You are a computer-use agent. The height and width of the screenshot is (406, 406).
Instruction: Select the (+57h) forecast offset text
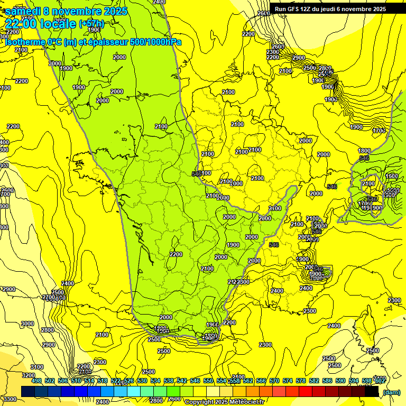tap(91, 24)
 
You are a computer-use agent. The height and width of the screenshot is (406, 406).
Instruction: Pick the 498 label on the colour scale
tap(36, 381)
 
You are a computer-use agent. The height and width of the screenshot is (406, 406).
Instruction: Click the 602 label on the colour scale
tap(379, 381)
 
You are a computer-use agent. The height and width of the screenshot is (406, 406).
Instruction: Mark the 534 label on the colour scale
tap(155, 381)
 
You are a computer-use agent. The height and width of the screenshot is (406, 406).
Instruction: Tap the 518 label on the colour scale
tap(103, 381)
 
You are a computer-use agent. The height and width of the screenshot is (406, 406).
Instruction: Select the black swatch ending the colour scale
tap(372, 392)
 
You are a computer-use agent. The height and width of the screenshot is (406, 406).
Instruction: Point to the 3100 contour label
tap(37, 367)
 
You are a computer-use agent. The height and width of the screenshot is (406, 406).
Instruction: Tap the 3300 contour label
tap(9, 399)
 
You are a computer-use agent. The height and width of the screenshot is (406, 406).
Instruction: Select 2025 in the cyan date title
tap(113, 11)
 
